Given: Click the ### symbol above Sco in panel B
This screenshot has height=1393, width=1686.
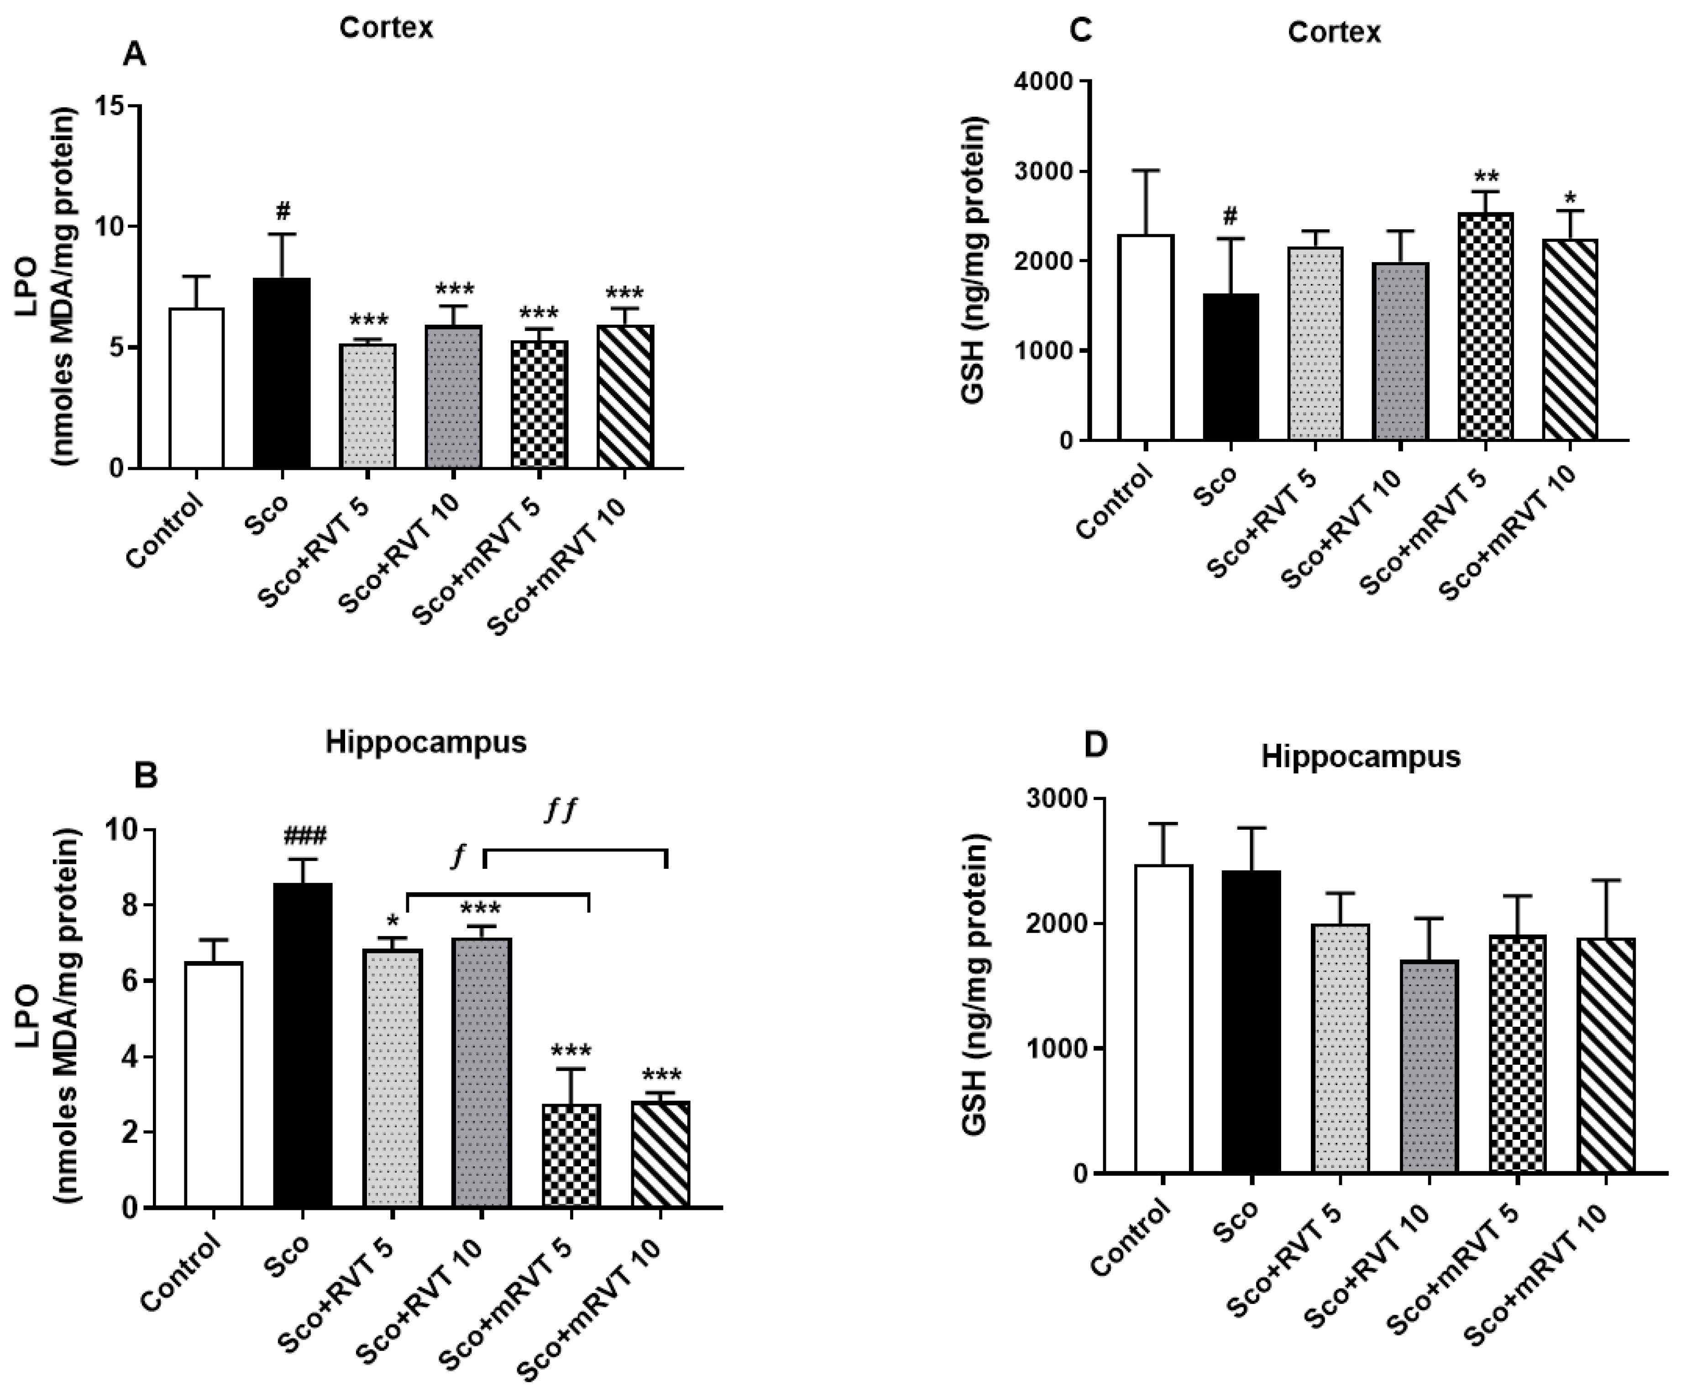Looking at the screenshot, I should [x=304, y=837].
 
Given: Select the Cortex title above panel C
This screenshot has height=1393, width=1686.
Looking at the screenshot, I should [x=1334, y=32].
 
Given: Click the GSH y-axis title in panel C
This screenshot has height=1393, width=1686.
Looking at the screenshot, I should [x=973, y=261].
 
